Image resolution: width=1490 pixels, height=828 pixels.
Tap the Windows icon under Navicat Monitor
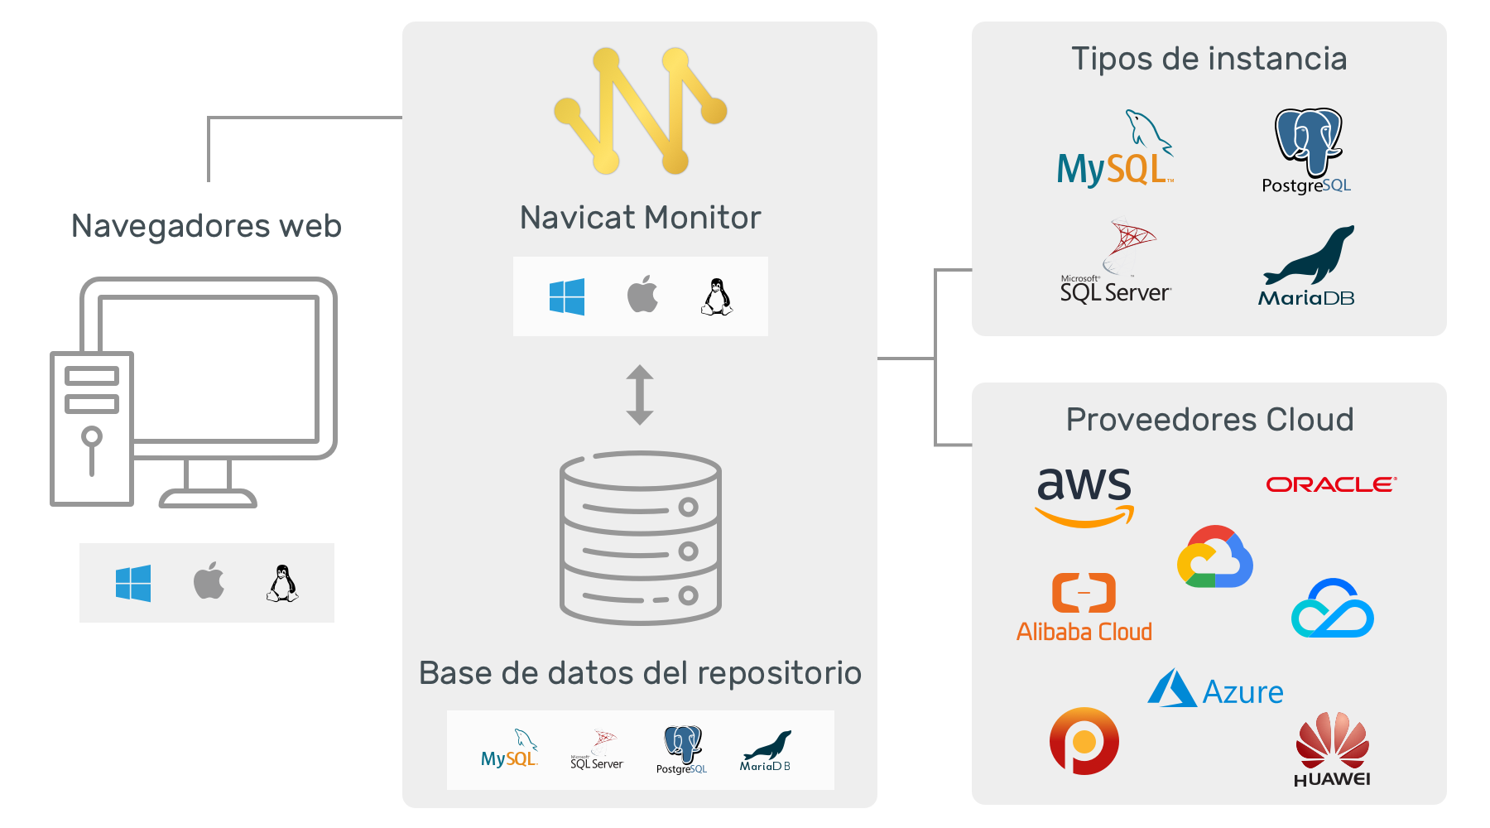567,296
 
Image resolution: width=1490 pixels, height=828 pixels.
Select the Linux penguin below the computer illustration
282,583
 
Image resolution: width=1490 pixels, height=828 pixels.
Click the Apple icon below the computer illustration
209,581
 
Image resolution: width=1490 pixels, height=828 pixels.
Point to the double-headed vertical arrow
640,395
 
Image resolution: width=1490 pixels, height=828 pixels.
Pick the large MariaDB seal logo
1307,267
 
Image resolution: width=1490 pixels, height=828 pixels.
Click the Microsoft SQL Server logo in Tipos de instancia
1116,263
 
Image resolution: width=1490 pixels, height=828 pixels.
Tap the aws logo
1084,494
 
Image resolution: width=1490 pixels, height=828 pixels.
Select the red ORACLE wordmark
1331,484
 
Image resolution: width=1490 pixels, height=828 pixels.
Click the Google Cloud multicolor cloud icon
1215,557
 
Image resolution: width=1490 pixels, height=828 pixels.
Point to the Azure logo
1215,690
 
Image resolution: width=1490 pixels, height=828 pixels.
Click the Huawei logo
1332,749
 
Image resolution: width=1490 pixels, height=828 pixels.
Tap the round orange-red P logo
1084,741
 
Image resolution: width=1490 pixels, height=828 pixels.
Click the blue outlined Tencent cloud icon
1333,609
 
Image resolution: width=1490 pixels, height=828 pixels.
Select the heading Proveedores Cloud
1209,420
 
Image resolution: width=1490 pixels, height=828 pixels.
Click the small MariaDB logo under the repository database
766,751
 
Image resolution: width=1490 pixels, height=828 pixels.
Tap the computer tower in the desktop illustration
92,429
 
